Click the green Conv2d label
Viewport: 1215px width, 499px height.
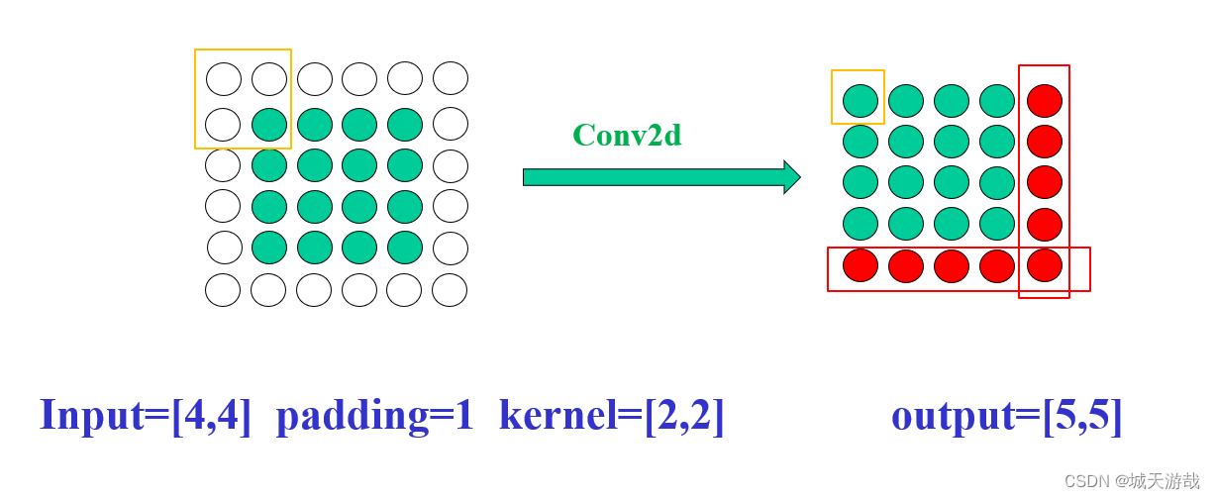(x=627, y=135)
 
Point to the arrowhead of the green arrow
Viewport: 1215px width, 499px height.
(x=791, y=177)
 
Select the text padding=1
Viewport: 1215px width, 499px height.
(x=375, y=415)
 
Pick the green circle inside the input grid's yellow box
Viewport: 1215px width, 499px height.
(x=268, y=125)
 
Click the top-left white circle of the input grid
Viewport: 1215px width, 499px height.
(x=224, y=79)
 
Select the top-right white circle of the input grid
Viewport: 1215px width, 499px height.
(x=451, y=78)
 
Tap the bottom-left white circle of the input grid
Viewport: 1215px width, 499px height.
(x=223, y=290)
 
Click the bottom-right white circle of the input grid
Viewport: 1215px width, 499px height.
(x=450, y=290)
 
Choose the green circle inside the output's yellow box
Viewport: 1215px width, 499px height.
(x=861, y=101)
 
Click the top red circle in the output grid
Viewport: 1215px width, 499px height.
(x=1045, y=101)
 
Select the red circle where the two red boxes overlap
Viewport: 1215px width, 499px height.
(x=1045, y=265)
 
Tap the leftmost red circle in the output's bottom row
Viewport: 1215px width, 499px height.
(x=861, y=265)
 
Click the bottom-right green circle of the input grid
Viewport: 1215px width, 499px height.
(x=405, y=248)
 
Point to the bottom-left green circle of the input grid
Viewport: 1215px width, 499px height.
(x=268, y=248)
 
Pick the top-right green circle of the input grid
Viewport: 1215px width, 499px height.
(x=405, y=125)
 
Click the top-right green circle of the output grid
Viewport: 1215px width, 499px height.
(x=997, y=101)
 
